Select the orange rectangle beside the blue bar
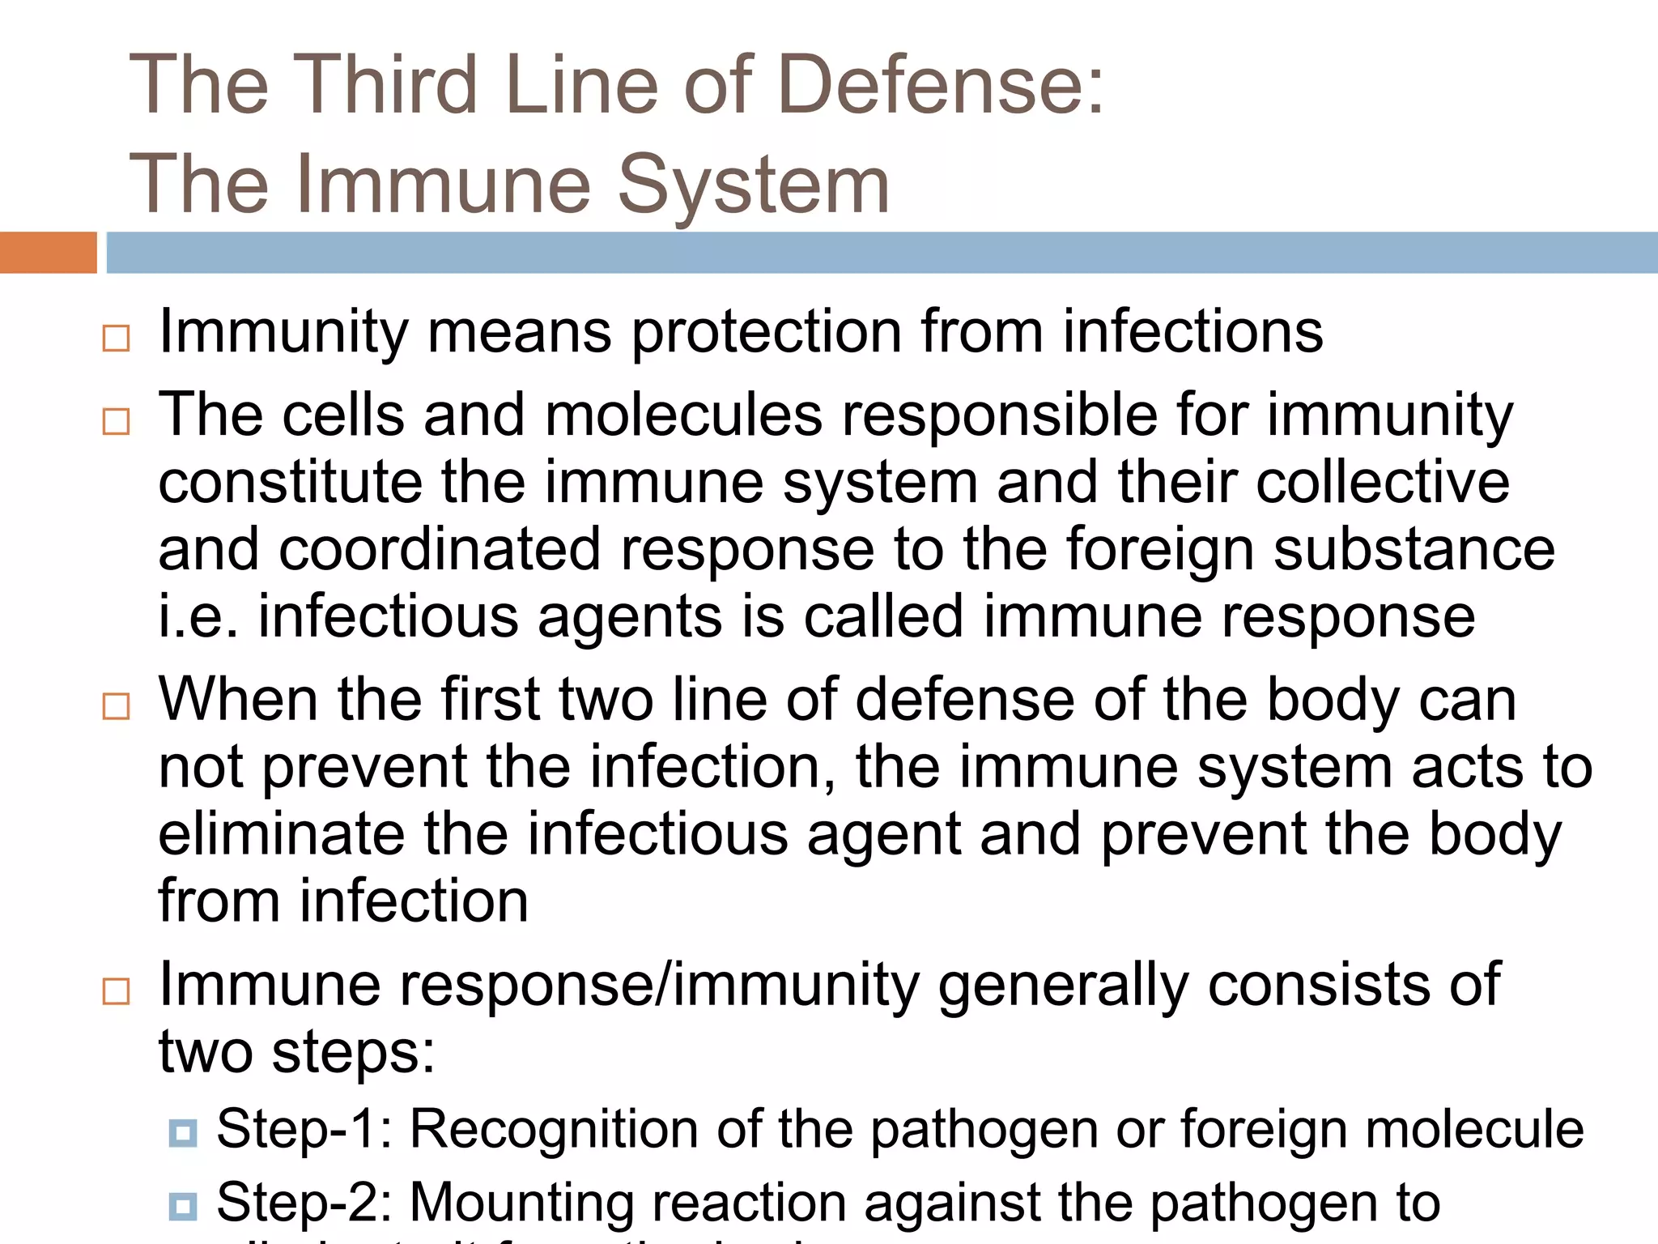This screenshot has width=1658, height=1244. [x=48, y=253]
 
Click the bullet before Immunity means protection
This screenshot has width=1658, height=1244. [x=116, y=339]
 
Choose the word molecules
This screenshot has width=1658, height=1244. [x=684, y=415]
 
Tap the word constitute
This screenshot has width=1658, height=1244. [x=290, y=482]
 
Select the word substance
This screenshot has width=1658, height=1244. [x=1414, y=549]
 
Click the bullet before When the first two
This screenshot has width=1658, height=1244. [x=116, y=706]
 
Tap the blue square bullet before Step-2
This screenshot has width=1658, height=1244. [x=183, y=1206]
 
